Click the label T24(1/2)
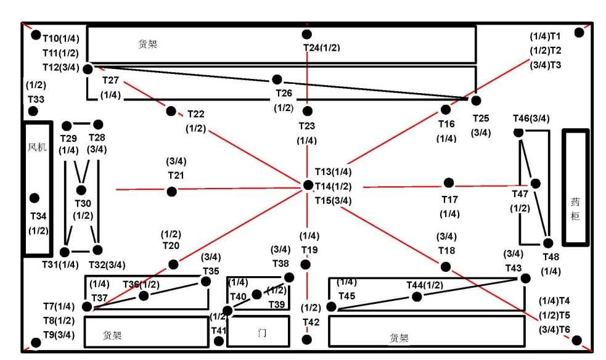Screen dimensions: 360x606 pyautogui.click(x=321, y=47)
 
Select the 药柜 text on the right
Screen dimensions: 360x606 pyautogui.click(x=575, y=209)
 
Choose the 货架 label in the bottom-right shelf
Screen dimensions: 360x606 pyautogui.click(x=399, y=338)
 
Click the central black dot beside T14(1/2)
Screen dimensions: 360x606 pyautogui.click(x=308, y=185)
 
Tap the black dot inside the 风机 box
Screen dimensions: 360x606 pyautogui.click(x=35, y=198)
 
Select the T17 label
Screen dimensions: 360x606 pyautogui.click(x=449, y=199)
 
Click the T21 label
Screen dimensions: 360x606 pyautogui.click(x=176, y=175)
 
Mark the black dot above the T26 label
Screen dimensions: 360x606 pyautogui.click(x=277, y=79)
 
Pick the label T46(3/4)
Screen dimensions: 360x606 pyautogui.click(x=531, y=118)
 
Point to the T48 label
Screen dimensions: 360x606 pyautogui.click(x=551, y=256)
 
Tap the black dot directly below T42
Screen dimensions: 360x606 pyautogui.click(x=308, y=339)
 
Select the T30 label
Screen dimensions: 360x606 pyautogui.click(x=83, y=203)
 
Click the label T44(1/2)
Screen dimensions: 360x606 pyautogui.click(x=424, y=284)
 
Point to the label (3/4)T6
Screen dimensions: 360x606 pyautogui.click(x=554, y=330)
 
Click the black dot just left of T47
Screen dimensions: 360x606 pyautogui.click(x=535, y=183)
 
